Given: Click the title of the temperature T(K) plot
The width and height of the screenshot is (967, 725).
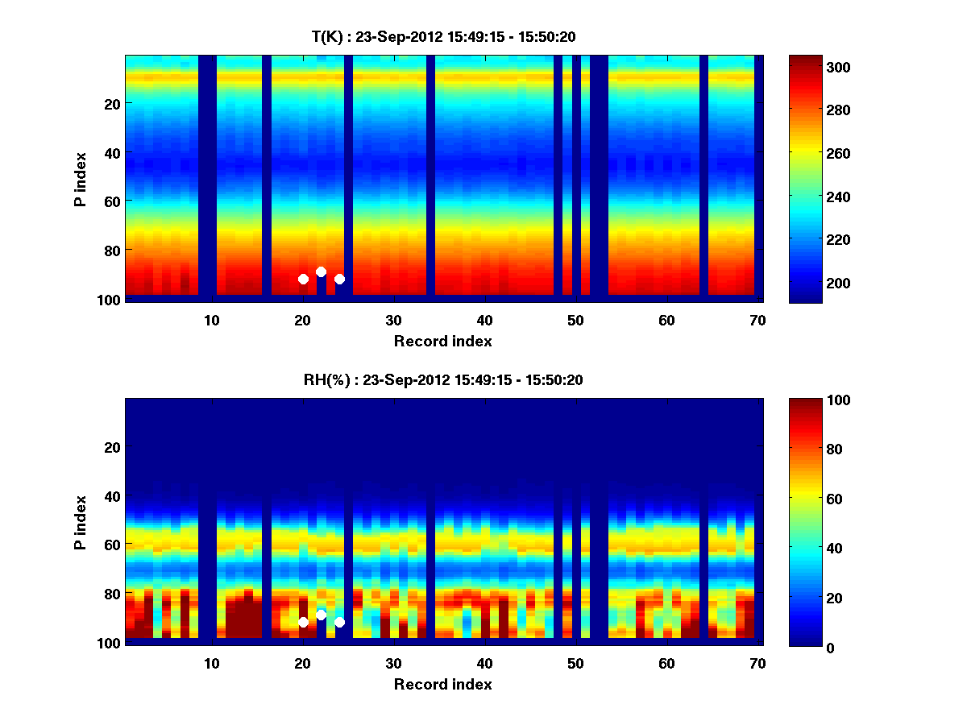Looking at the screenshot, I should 443,36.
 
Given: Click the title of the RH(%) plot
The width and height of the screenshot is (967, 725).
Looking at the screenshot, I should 443,379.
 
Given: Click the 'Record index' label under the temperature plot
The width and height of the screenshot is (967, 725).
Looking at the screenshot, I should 443,341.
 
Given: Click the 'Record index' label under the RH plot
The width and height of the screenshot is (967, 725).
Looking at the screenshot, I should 443,684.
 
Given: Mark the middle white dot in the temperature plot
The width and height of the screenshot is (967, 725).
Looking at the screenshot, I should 321,272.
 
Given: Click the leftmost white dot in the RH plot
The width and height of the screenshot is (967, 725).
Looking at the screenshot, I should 303,622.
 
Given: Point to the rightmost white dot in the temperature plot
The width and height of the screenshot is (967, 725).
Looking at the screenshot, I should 339,279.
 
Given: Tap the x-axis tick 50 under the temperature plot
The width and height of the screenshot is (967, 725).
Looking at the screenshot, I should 575,320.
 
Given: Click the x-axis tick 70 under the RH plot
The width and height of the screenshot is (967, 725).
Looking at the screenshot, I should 757,663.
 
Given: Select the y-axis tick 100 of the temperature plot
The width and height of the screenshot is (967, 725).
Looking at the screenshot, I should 111,300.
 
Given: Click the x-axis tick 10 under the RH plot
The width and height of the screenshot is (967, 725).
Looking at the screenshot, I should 211,663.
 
